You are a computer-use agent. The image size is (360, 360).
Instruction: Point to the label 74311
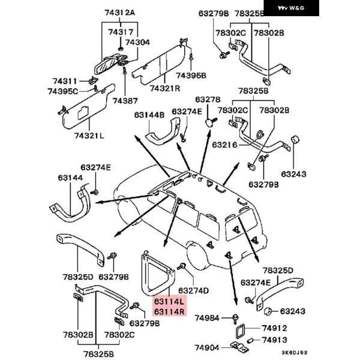[64, 80]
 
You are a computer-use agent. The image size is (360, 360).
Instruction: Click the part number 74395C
[63, 91]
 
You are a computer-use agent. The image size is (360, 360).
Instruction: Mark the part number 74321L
[89, 136]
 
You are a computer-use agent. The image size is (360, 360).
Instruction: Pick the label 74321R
[165, 88]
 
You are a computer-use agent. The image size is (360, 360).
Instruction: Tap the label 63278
[208, 99]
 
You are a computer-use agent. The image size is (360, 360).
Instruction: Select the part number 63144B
[149, 114]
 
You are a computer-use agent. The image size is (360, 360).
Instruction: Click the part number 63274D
[194, 290]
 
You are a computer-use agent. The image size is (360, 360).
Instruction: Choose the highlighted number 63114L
[170, 301]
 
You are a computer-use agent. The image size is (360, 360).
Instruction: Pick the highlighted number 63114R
[170, 311]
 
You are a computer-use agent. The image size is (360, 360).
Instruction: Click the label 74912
[274, 328]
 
